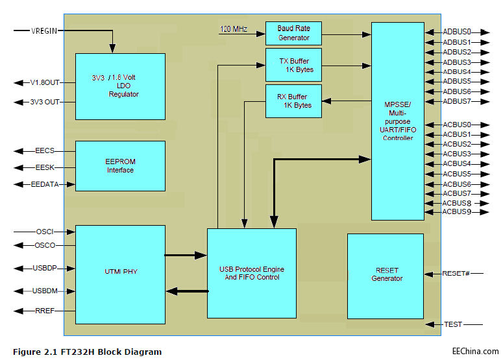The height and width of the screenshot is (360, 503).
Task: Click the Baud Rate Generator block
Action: point(293,33)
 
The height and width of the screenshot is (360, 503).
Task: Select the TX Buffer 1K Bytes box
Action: point(293,64)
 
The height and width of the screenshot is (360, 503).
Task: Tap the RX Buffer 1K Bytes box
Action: point(293,101)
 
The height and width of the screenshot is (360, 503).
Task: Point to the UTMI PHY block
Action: point(120,274)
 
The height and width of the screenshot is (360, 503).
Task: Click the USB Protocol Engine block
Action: point(251,273)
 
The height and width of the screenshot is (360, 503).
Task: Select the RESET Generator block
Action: point(385,275)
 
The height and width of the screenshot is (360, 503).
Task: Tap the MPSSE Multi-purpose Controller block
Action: point(397,121)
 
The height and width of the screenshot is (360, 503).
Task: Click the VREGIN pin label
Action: point(44,30)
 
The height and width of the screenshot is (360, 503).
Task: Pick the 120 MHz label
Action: point(234,29)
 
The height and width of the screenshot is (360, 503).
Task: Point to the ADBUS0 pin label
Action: point(457,31)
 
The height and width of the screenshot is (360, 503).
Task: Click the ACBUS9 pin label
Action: point(457,211)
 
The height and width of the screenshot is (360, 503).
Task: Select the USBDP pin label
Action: point(44,268)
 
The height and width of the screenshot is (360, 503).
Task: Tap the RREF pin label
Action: point(44,311)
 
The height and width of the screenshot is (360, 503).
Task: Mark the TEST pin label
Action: point(452,324)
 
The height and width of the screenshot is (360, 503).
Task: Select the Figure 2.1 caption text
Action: point(87,352)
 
